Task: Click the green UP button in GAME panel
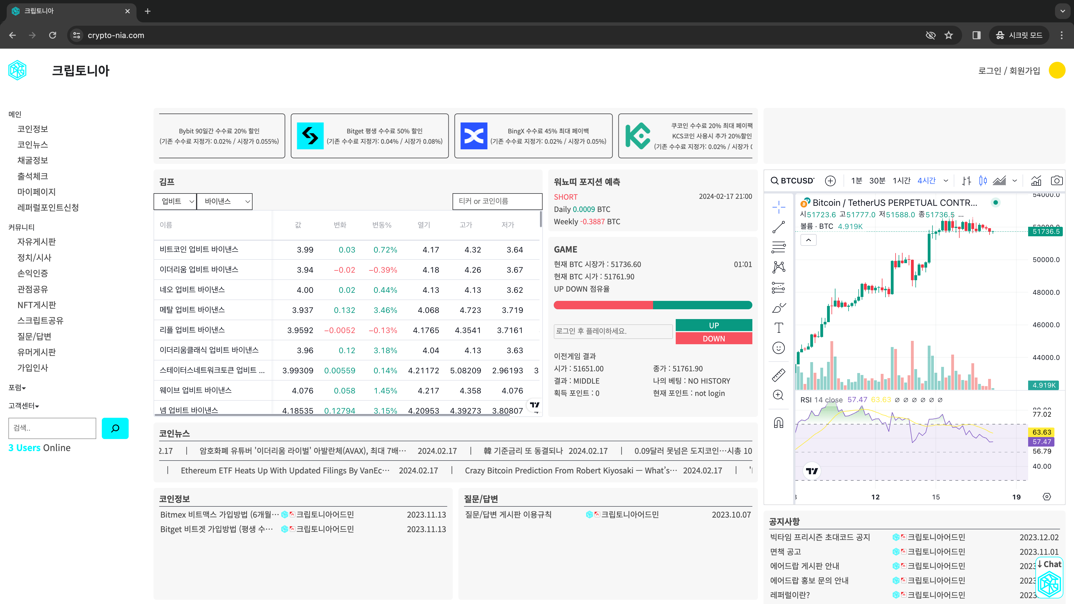(713, 325)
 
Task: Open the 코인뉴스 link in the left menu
(32, 145)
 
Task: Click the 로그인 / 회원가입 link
(1009, 71)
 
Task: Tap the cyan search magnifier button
(115, 428)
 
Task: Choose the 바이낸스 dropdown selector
(224, 201)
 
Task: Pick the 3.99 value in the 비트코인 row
(305, 250)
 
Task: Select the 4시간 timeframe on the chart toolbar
(926, 180)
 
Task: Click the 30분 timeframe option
(877, 180)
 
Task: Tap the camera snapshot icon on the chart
(1056, 180)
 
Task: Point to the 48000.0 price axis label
(1046, 292)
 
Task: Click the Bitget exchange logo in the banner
(310, 136)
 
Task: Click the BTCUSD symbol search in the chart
(792, 180)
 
